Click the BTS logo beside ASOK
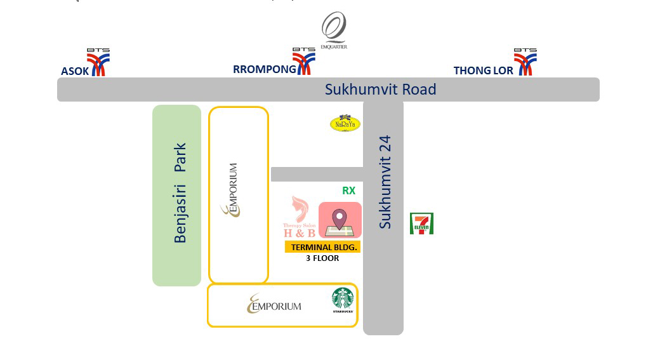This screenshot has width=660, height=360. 98,62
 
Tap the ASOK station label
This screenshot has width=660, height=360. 75,71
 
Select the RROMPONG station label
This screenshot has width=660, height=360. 265,70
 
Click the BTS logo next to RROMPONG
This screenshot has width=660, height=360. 304,62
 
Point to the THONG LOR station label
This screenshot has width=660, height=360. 483,70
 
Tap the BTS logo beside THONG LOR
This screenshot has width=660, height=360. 525,62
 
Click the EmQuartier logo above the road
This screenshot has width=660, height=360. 333,30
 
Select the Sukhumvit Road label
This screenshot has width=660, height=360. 380,90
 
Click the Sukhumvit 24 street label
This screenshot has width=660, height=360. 385,182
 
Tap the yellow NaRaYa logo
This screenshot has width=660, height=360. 345,123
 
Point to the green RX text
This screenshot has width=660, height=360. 348,190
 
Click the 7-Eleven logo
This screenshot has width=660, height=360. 421,223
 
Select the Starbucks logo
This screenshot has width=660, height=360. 343,300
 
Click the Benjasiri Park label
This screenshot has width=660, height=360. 181,192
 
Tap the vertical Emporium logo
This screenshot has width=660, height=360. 232,190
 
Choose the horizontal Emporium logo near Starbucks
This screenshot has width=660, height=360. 274,305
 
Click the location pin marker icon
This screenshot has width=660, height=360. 340,220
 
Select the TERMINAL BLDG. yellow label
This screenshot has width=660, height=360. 323,247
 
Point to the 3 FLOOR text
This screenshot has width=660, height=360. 322,258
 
